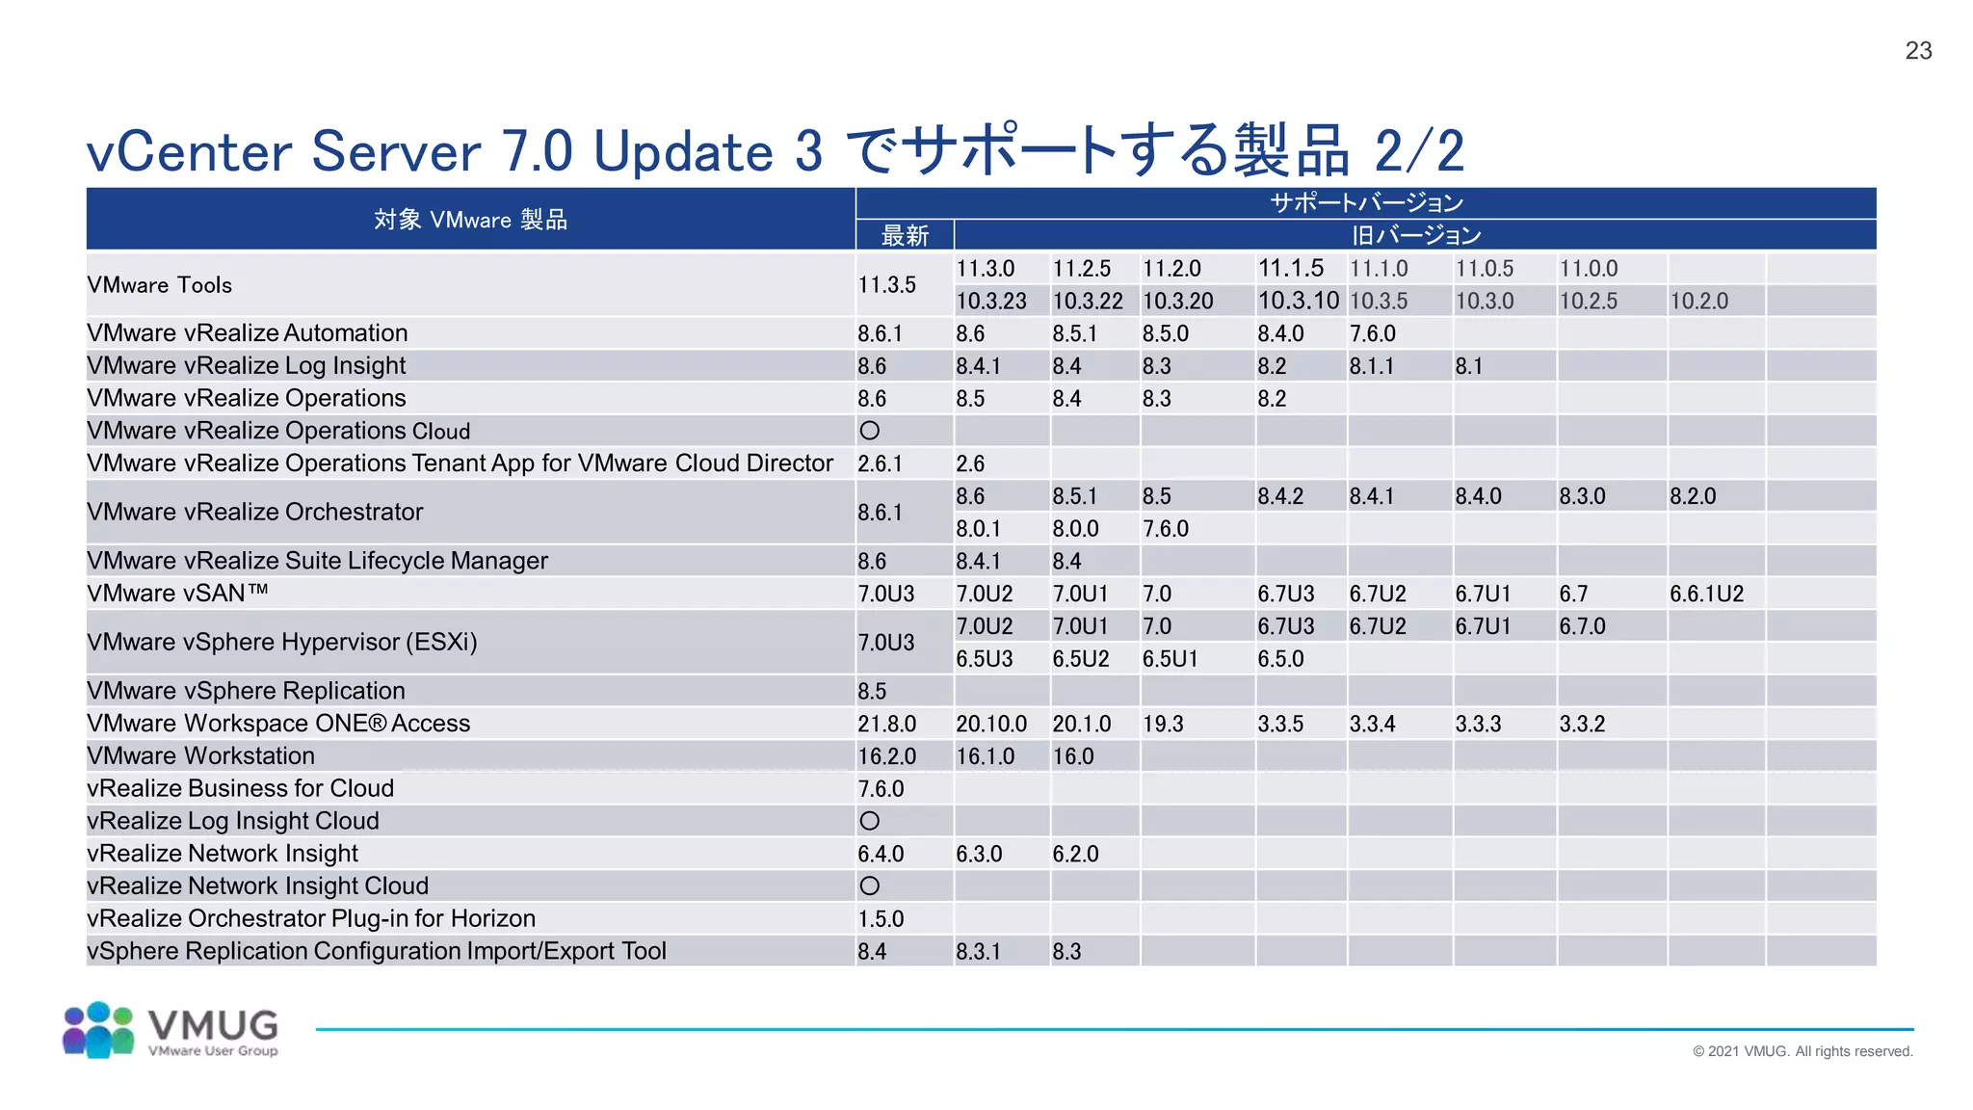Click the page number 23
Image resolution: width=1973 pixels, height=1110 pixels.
pos(1918,51)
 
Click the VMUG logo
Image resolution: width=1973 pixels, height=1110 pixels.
pos(171,1030)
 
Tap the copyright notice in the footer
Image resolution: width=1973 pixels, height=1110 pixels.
pos(1802,1051)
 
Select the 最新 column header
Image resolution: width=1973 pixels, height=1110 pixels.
pos(905,236)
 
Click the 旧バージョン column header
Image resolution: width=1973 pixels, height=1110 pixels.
pos(1415,236)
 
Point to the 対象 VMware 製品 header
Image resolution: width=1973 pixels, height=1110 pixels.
pos(470,220)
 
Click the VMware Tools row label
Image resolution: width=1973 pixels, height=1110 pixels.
pos(160,285)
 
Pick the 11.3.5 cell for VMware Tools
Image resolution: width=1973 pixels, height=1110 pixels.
pos(886,285)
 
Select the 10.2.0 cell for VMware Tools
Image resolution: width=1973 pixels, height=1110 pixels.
pos(1698,302)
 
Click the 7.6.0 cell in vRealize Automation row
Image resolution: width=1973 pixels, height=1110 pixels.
pos(1372,333)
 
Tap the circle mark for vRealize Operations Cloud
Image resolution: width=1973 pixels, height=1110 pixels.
pos(869,431)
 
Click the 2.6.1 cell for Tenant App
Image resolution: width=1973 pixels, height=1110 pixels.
pos(880,463)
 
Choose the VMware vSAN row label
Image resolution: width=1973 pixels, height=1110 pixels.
pos(177,594)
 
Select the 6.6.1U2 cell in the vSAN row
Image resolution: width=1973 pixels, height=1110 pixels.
pos(1706,594)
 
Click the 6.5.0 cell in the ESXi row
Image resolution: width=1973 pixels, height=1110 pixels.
pos(1280,659)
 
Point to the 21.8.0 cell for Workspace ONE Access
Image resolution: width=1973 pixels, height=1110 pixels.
pos(886,724)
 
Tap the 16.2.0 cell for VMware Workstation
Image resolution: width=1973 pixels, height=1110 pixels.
pos(886,756)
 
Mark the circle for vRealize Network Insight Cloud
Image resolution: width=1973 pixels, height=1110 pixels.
pos(869,885)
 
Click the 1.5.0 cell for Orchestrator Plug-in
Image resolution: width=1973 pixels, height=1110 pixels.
pos(881,919)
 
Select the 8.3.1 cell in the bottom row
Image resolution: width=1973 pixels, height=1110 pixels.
pos(978,952)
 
